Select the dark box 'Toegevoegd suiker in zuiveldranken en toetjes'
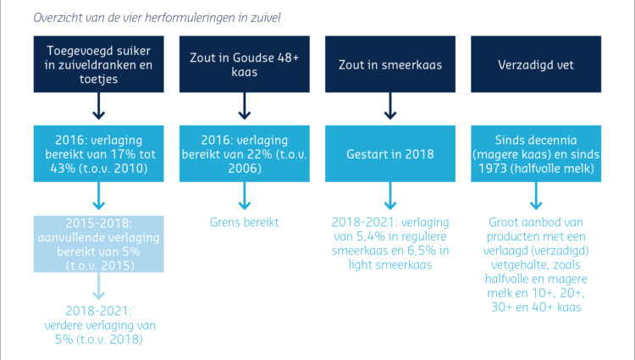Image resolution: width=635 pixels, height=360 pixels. [99, 64]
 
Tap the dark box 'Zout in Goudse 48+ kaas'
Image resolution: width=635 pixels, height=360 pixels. [245, 64]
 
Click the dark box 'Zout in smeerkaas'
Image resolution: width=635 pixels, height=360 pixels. [390, 64]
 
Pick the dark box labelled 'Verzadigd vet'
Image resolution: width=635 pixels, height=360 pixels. [536, 64]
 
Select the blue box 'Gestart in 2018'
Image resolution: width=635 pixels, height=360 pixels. [390, 153]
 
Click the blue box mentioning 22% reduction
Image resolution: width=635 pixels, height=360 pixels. [245, 153]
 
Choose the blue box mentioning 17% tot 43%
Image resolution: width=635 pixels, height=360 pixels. [99, 153]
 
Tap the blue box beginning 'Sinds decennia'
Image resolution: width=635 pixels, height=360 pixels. [536, 153]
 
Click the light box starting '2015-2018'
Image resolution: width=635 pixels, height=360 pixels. [99, 244]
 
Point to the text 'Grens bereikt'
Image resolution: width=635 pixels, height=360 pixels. [245, 222]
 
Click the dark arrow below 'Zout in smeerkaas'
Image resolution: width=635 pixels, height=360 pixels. [390, 106]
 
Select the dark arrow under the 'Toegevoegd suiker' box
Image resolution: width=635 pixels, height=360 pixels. [99, 106]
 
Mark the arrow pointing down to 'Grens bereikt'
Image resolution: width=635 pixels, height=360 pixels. [245, 196]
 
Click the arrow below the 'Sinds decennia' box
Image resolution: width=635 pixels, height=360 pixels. [536, 196]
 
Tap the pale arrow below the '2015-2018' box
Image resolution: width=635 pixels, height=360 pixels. [99, 286]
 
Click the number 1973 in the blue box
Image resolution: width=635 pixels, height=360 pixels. [492, 168]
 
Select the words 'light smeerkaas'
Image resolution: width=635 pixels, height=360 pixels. [390, 265]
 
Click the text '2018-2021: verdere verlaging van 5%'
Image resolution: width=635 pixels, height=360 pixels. [99, 325]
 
